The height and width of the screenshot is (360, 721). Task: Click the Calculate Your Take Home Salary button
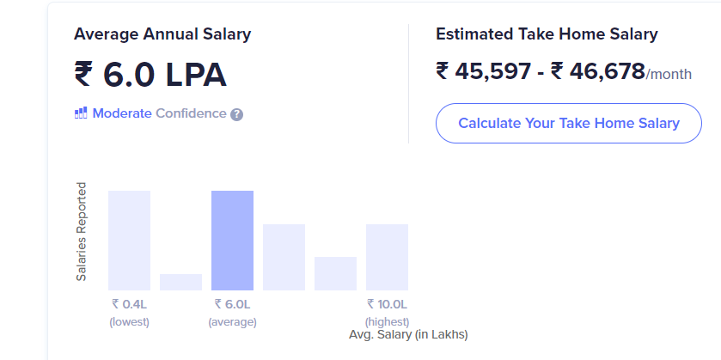tap(568, 123)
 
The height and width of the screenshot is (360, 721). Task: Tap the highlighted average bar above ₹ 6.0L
tap(232, 240)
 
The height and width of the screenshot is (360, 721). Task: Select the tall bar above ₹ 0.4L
tap(129, 240)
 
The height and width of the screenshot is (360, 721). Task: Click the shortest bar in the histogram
tap(180, 282)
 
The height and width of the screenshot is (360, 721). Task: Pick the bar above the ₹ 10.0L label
tap(387, 257)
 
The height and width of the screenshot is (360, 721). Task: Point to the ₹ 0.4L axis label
tap(129, 304)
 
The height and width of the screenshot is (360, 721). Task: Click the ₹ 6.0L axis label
tap(232, 304)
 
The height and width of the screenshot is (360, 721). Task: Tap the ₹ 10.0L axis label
tap(387, 304)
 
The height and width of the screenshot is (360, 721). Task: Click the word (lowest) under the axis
tap(129, 322)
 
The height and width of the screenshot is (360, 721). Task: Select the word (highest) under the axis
tap(387, 322)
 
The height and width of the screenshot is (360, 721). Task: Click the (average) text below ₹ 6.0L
tap(232, 322)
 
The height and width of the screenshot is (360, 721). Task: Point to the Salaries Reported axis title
tap(82, 231)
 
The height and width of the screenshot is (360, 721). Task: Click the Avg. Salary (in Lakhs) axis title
tap(408, 334)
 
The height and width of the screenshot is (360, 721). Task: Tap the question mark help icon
tap(237, 114)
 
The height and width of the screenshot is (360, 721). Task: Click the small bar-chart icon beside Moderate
tap(82, 113)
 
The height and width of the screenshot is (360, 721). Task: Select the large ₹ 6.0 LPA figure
tap(150, 76)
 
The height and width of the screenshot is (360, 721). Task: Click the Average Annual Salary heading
tap(162, 34)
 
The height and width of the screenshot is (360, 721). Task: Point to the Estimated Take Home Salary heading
tap(547, 34)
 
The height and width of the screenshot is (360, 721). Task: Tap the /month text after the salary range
tap(669, 75)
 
